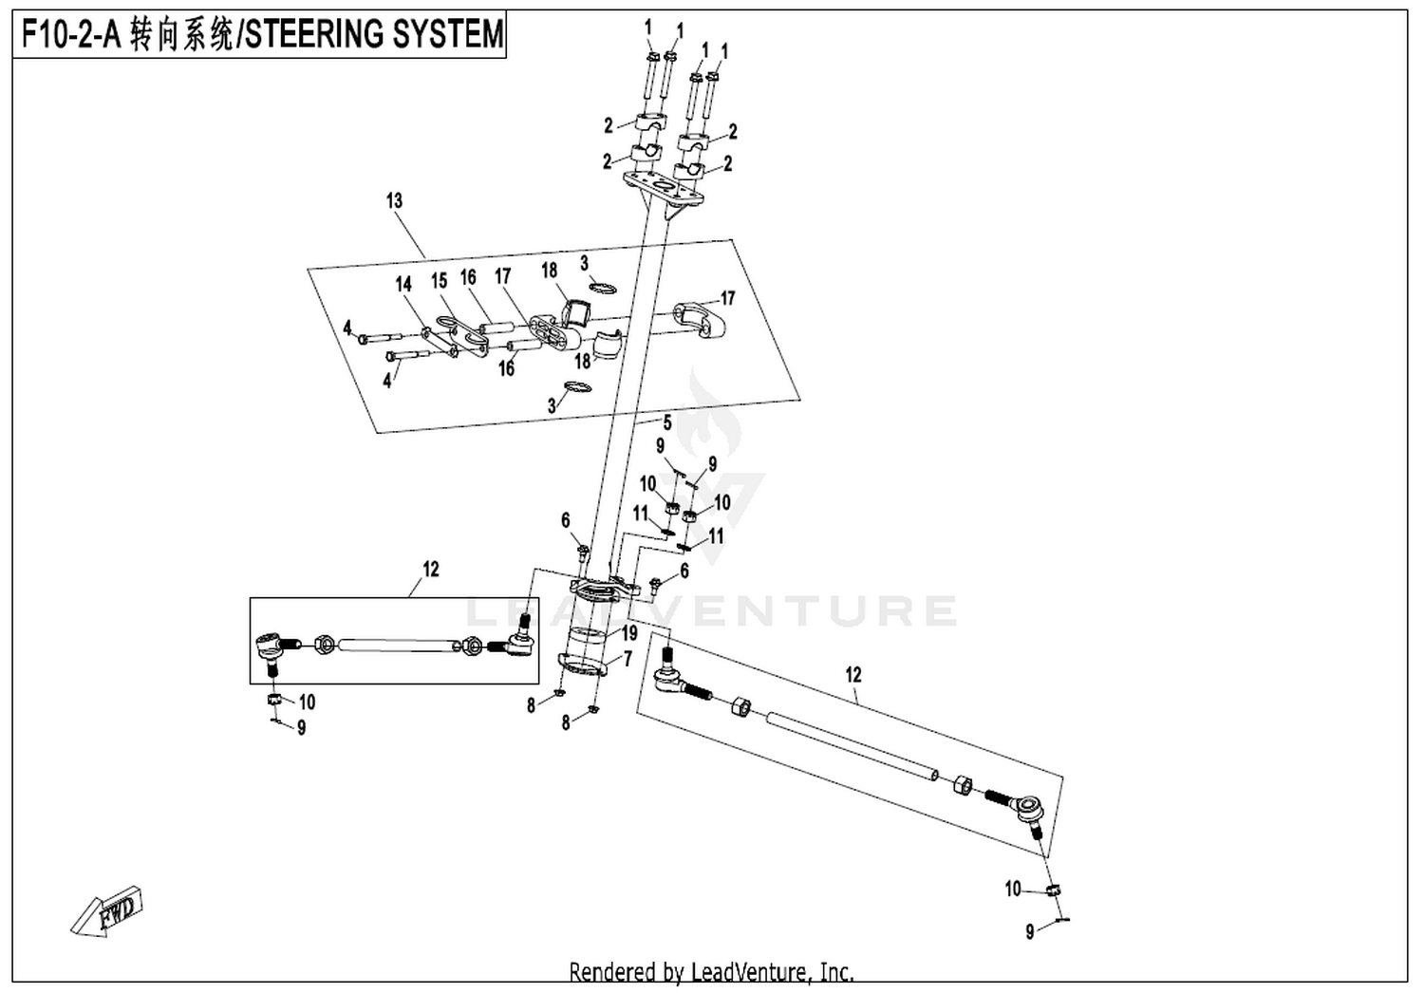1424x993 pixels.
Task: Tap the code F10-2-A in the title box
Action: click(71, 35)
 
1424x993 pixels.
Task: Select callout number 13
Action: click(394, 200)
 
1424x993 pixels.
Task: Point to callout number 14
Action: click(403, 284)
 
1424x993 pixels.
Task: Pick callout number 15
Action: click(439, 281)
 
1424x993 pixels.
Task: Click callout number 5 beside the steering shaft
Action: click(666, 422)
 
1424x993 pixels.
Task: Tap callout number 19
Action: click(629, 633)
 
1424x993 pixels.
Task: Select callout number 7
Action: click(627, 658)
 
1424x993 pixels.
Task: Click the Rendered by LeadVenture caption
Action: click(711, 972)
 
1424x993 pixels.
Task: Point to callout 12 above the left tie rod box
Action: click(431, 570)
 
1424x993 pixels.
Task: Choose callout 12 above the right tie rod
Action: click(853, 675)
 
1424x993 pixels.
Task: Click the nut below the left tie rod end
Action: click(273, 701)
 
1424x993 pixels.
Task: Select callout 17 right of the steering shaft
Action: click(728, 299)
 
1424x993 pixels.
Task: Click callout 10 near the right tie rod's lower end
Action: click(1013, 889)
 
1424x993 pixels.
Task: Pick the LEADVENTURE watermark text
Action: click(712, 610)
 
